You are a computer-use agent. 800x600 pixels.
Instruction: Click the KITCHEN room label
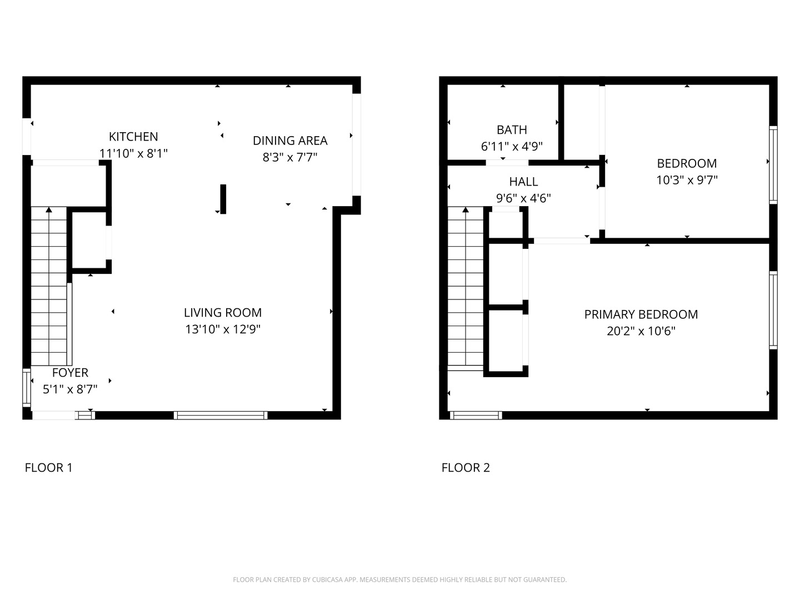tap(133, 137)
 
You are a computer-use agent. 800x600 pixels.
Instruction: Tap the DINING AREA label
tap(290, 141)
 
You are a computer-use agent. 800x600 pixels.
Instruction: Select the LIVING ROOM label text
tap(223, 313)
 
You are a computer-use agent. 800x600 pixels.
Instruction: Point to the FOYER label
tap(70, 373)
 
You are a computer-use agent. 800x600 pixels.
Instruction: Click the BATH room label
tap(512, 129)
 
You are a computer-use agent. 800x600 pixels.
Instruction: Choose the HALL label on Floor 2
tap(523, 182)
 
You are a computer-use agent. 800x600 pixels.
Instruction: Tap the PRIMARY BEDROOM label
tap(641, 314)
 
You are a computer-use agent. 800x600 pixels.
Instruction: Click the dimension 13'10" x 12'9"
tap(223, 329)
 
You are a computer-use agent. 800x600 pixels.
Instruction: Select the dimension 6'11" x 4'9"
tap(512, 147)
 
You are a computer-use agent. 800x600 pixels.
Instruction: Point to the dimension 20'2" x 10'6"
tap(641, 331)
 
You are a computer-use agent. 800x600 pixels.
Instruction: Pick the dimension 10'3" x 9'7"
tap(687, 180)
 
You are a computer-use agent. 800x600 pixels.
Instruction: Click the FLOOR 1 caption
tap(49, 467)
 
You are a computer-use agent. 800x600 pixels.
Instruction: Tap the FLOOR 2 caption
tap(466, 467)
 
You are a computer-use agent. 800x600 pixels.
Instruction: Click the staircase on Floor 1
tap(49, 286)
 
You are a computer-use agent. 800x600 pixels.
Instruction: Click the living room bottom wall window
tap(221, 416)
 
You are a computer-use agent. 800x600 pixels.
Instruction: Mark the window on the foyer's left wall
tap(27, 388)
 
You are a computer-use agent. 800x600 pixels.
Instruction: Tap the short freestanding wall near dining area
tap(223, 199)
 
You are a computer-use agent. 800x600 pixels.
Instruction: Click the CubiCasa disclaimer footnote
tap(400, 579)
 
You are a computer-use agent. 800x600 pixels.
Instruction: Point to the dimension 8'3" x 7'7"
tap(290, 157)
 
